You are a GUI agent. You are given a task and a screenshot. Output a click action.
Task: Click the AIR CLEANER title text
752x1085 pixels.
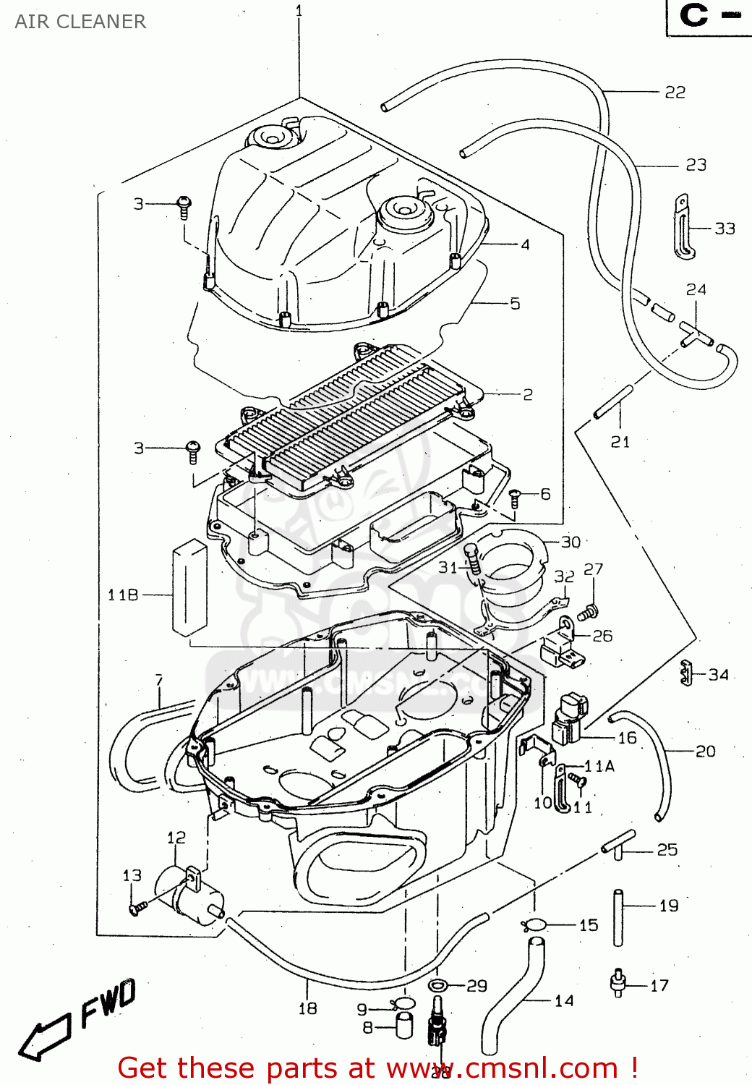coord(80,22)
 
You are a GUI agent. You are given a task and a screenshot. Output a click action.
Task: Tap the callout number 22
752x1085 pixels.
coord(675,93)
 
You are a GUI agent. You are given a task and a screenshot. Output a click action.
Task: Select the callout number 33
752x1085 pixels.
coord(725,229)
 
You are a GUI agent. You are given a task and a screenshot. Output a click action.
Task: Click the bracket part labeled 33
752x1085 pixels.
coord(683,226)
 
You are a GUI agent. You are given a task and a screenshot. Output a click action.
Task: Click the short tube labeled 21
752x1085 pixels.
coord(614,402)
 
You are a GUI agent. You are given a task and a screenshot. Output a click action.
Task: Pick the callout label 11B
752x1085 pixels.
coord(123,595)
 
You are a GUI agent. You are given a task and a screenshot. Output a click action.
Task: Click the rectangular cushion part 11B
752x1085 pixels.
coord(189,587)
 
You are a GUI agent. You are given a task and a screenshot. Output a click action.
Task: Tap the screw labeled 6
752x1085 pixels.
coord(515,497)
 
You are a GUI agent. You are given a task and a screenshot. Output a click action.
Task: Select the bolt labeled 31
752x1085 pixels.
coord(473,560)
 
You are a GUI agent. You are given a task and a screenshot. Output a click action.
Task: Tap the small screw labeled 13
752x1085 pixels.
coord(137,907)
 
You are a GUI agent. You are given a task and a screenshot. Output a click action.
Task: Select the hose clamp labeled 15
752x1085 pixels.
coord(535,924)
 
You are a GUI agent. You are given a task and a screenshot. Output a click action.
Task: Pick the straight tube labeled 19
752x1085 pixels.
coord(618,917)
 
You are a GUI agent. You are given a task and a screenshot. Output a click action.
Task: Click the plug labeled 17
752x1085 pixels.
coord(618,983)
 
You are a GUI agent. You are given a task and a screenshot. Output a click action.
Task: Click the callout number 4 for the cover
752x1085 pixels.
coord(525,245)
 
